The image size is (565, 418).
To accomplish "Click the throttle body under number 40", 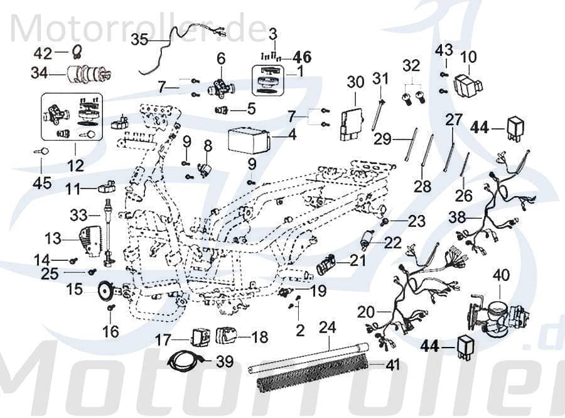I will coord(496,314).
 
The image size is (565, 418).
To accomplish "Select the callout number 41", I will coord(392,363).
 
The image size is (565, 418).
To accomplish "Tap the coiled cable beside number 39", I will coord(186,361).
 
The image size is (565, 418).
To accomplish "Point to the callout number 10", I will coord(468,58).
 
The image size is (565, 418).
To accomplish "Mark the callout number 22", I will coord(392,243).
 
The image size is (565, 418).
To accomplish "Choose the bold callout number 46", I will coord(301,57).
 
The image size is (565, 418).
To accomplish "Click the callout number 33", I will coord(79,214).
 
